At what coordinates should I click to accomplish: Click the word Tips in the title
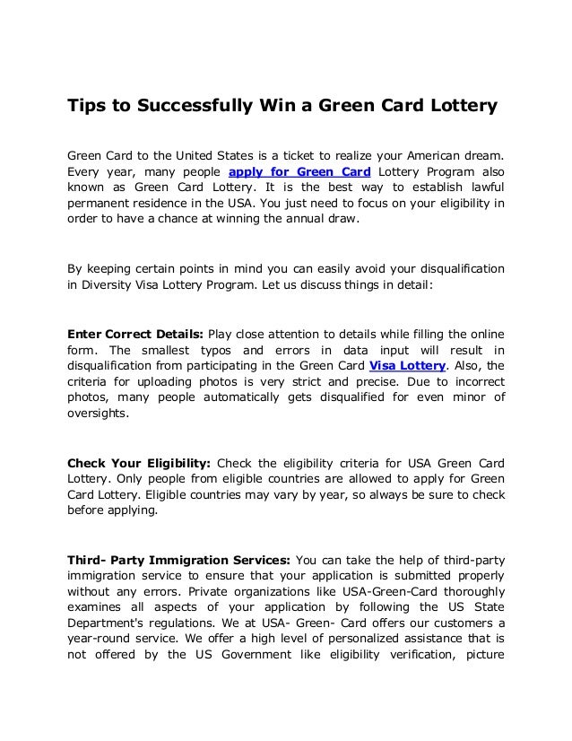point(87,107)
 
